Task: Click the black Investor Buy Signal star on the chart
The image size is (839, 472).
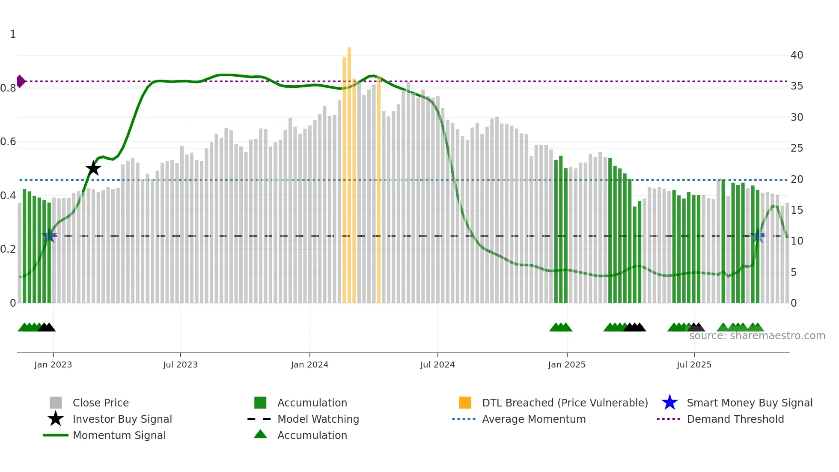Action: (x=93, y=168)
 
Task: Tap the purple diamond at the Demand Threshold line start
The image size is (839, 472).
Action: (x=21, y=81)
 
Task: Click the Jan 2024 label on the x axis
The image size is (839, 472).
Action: (x=309, y=364)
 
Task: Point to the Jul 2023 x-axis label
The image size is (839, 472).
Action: (x=180, y=364)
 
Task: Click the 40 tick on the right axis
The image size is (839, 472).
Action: (x=797, y=55)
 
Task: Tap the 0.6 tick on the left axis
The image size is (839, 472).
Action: (x=9, y=142)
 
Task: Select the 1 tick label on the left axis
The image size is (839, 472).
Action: (x=13, y=34)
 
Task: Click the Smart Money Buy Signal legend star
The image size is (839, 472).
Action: (x=669, y=403)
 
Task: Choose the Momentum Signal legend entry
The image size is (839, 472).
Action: (x=119, y=435)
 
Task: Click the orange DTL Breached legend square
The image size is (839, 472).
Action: (x=465, y=403)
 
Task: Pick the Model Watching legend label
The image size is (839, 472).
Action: (x=318, y=419)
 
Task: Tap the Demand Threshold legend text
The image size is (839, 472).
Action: (x=735, y=419)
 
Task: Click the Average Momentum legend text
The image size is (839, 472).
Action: (x=534, y=419)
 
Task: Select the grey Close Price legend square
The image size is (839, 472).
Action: (x=56, y=403)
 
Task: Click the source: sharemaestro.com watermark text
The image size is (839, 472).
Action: (x=757, y=336)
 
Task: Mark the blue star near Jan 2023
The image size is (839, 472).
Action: (x=49, y=236)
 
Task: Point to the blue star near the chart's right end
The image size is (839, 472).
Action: (x=757, y=236)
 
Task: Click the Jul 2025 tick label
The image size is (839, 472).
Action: (x=694, y=364)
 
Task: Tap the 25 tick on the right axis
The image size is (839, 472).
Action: (x=797, y=148)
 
